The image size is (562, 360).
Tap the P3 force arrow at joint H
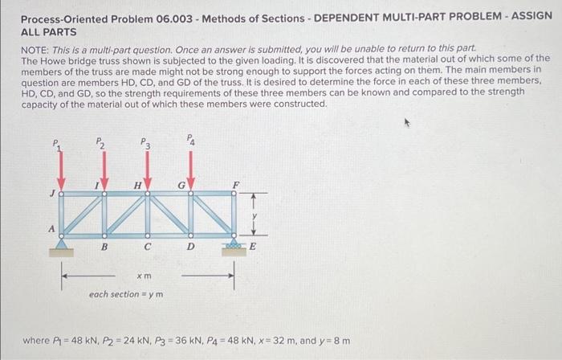(147, 170)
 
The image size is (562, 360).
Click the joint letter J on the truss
(51, 192)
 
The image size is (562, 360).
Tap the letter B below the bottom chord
(104, 248)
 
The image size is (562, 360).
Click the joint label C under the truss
(148, 248)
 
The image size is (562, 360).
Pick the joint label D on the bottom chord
(191, 248)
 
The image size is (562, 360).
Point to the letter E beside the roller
(253, 247)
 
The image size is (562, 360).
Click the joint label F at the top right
(235, 185)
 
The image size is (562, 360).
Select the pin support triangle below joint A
(60, 244)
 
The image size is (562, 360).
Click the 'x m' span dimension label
(145, 276)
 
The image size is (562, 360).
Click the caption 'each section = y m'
(126, 294)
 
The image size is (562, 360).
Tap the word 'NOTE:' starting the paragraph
(36, 50)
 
